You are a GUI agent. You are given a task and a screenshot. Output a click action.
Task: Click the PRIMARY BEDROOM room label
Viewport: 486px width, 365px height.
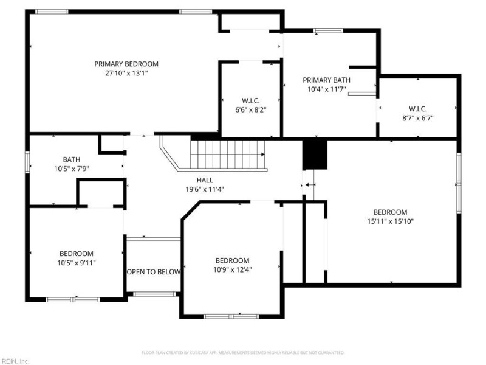click(x=126, y=64)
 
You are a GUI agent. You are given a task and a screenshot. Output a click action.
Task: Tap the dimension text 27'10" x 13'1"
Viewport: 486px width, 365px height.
click(x=126, y=74)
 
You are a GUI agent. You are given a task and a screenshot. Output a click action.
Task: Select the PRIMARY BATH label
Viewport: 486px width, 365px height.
click(x=326, y=80)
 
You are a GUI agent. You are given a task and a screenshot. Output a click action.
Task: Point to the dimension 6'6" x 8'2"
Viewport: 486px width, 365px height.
click(x=251, y=110)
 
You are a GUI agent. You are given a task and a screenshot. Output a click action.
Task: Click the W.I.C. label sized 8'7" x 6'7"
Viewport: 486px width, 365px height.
click(x=417, y=109)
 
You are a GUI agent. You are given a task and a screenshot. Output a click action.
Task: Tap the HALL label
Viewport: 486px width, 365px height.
click(x=205, y=180)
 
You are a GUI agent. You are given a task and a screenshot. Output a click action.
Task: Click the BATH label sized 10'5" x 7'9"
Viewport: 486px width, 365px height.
click(x=72, y=159)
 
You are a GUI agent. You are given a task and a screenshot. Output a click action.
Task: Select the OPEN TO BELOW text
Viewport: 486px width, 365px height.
click(x=154, y=272)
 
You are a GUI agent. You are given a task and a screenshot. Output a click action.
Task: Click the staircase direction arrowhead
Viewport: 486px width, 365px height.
click(x=263, y=155)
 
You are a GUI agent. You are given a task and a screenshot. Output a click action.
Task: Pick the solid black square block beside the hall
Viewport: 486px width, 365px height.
click(x=315, y=155)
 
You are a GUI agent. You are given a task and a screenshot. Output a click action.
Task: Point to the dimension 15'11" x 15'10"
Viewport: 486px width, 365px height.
click(x=390, y=221)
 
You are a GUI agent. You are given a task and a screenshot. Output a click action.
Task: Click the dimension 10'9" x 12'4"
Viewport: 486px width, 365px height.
click(x=232, y=269)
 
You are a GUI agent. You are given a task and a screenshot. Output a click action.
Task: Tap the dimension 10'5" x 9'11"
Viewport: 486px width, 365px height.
click(x=77, y=263)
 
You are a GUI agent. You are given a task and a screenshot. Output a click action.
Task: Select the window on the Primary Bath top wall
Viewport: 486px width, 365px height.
click(x=328, y=30)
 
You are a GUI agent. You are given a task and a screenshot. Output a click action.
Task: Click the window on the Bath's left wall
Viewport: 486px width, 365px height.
click(x=27, y=162)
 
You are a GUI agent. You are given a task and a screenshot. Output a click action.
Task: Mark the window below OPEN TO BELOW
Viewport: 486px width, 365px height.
click(x=154, y=294)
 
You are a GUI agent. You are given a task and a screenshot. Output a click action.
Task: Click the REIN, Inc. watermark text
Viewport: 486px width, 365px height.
click(x=15, y=361)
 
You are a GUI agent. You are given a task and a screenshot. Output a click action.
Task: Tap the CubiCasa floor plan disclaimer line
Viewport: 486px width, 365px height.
click(x=242, y=353)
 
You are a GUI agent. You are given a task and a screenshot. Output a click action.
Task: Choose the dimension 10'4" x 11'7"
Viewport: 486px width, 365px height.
click(x=326, y=89)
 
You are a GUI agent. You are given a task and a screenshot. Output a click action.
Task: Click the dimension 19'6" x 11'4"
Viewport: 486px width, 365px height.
click(x=205, y=189)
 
